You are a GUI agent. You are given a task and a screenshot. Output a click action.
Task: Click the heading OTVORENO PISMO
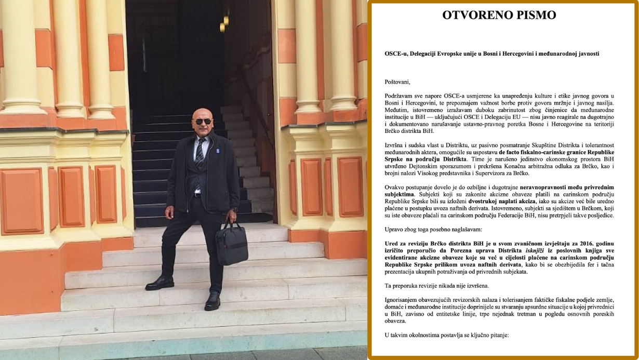[499, 15]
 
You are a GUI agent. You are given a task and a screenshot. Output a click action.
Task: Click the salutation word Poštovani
[397, 82]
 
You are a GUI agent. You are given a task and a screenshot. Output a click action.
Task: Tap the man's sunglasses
[203, 121]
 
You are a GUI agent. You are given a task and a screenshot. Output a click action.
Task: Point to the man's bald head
[202, 112]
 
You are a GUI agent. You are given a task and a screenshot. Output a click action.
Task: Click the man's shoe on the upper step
[159, 283]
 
